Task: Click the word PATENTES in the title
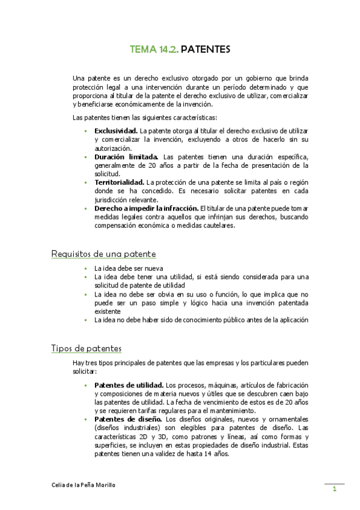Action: (205, 50)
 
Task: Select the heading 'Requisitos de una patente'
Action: (103, 254)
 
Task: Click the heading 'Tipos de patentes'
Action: (87, 348)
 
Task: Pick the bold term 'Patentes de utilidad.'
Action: (129, 385)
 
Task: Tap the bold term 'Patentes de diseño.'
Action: (128, 419)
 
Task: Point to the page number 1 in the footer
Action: (334, 490)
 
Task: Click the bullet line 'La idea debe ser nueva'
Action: (129, 268)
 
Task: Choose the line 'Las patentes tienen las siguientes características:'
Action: (145, 117)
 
